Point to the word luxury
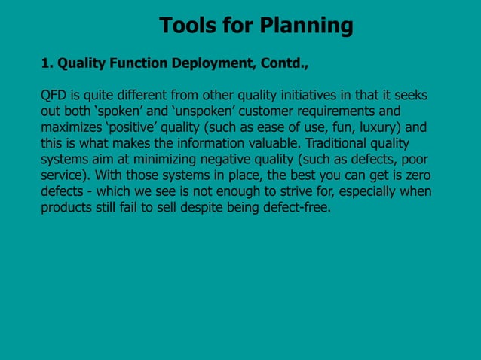[371, 128]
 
